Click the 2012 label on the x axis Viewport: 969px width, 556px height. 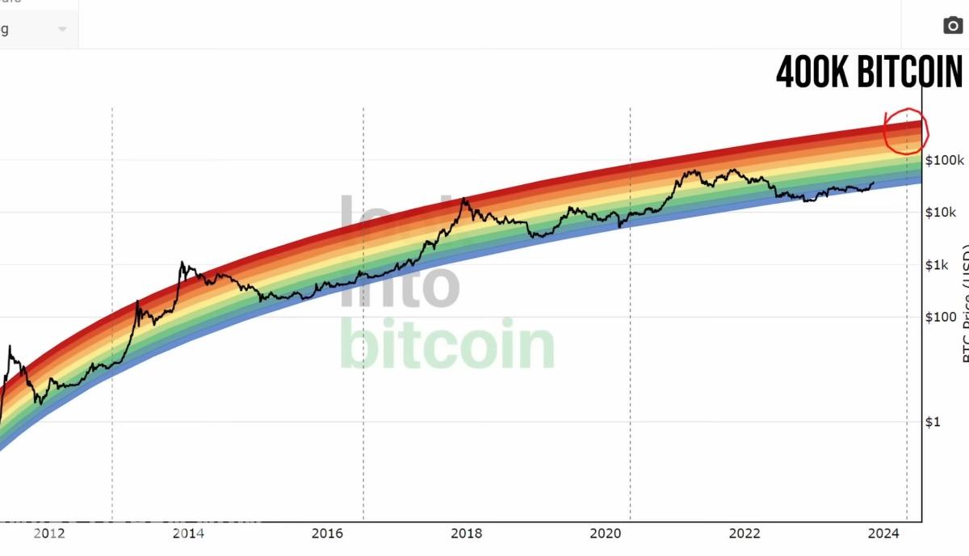click(x=49, y=533)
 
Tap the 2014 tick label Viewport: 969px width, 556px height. click(x=188, y=533)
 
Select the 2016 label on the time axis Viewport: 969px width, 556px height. click(x=327, y=533)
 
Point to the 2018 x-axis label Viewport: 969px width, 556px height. click(x=467, y=533)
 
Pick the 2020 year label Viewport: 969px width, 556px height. click(x=606, y=533)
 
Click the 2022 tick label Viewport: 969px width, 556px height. click(x=745, y=533)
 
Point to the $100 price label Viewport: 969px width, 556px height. click(x=941, y=317)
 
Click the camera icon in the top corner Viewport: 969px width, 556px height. click(x=953, y=26)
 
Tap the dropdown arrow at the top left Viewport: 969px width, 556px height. click(x=62, y=29)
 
